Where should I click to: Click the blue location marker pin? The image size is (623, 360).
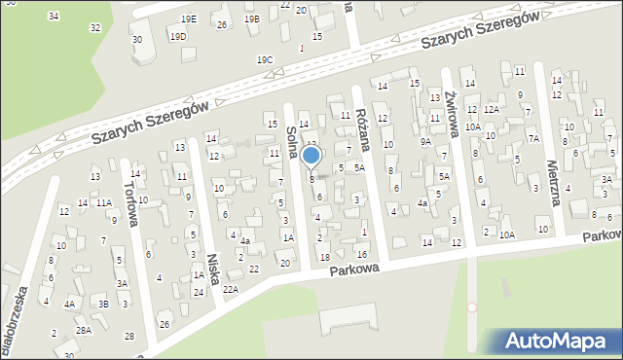(x=311, y=156)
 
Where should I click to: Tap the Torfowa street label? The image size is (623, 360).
(x=128, y=202)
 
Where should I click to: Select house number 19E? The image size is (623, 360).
(x=188, y=19)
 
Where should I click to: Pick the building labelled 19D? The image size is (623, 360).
(x=178, y=37)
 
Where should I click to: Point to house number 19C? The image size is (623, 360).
(x=265, y=60)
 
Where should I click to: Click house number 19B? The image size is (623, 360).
(x=252, y=19)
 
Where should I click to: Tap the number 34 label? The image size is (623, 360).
(x=53, y=17)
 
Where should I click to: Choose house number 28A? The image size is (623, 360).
(x=85, y=331)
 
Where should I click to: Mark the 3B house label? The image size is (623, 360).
(x=102, y=304)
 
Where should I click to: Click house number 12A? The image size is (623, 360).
(x=492, y=110)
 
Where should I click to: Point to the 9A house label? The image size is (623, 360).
(x=425, y=142)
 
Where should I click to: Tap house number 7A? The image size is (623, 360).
(x=533, y=138)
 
